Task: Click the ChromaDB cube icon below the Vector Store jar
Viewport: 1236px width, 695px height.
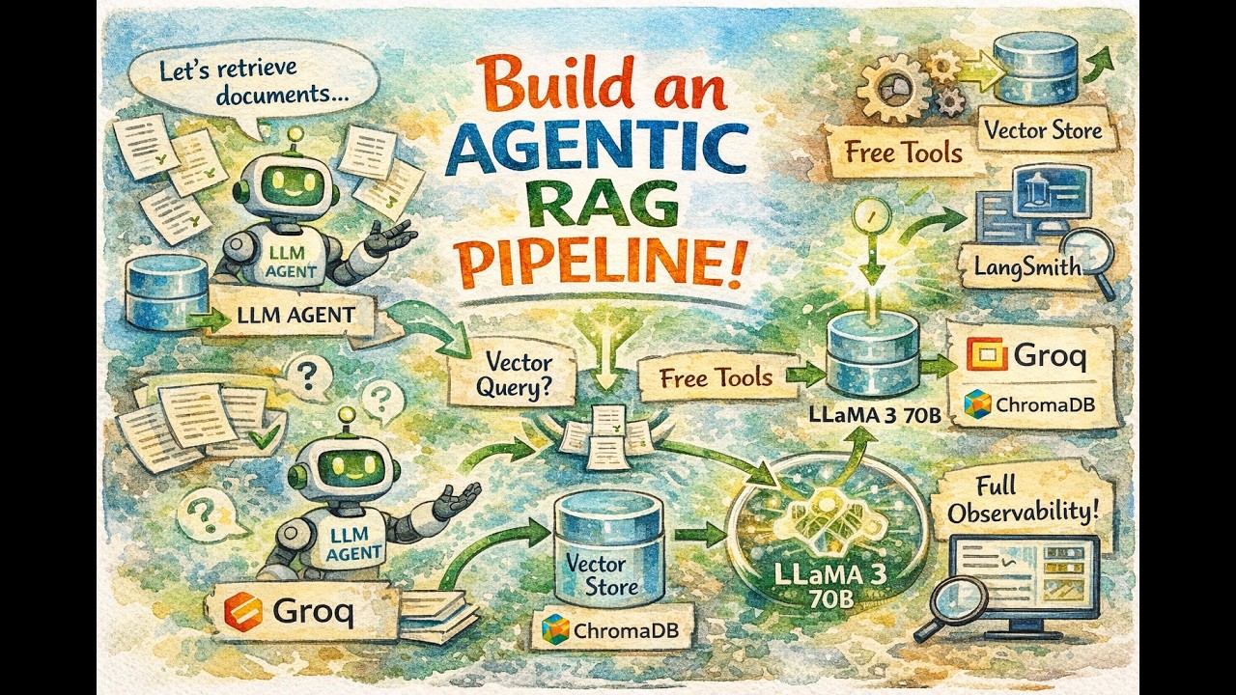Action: pos(556,629)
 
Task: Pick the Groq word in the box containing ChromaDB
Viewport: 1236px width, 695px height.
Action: pos(1049,356)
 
